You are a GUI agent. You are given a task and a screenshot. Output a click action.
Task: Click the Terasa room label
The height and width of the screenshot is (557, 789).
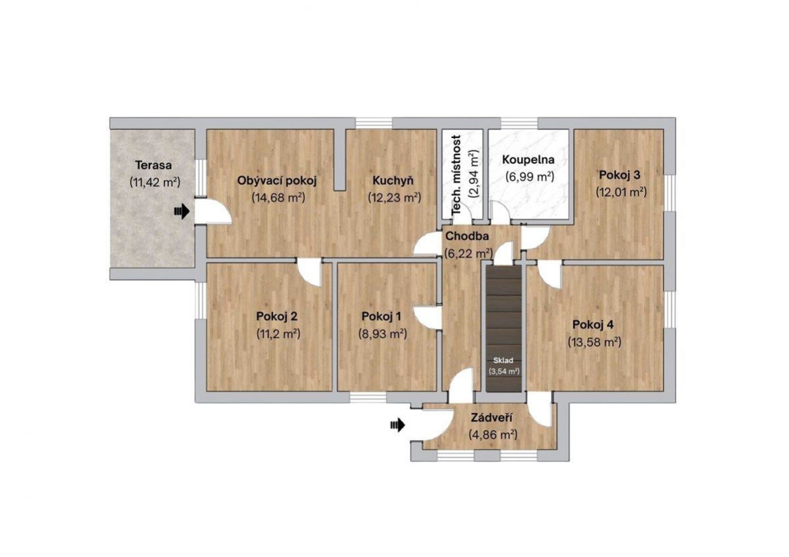click(153, 165)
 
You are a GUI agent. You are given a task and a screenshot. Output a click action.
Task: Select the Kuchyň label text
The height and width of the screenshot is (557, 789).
click(393, 180)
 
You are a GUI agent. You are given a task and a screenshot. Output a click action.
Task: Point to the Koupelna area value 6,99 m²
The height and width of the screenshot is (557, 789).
click(529, 176)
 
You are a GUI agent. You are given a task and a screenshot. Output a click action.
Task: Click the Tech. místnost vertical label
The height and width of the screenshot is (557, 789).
click(457, 175)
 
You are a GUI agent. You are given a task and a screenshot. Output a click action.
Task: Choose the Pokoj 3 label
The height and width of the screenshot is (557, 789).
click(619, 175)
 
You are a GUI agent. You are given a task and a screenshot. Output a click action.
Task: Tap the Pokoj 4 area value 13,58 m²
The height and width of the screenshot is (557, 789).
click(595, 342)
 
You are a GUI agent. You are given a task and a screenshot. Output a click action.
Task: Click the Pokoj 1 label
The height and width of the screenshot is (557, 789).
click(382, 316)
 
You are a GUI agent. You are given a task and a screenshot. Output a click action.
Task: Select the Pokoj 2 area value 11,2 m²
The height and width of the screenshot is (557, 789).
click(278, 333)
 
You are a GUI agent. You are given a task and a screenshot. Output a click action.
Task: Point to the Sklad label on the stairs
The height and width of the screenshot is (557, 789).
click(503, 360)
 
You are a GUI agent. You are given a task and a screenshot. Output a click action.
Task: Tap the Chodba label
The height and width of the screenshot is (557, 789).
click(467, 236)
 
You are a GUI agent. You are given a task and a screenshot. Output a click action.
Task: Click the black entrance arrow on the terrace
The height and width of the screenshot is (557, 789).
click(182, 211)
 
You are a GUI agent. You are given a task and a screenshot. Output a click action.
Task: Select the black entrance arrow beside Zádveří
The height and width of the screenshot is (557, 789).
click(397, 425)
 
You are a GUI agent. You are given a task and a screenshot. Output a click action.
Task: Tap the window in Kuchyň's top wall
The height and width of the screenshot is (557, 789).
click(374, 124)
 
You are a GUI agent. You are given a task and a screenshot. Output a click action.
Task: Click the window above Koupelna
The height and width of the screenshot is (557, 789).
click(519, 124)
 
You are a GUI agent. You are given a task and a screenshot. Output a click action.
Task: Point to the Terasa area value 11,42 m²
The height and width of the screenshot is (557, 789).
click(155, 182)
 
